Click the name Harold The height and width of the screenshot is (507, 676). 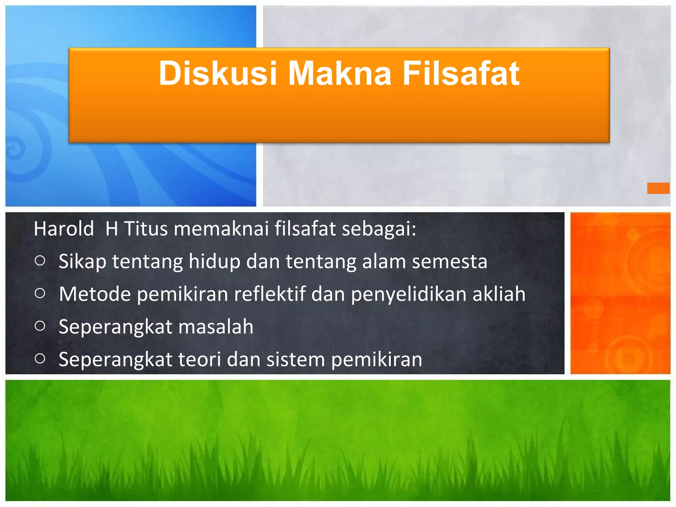pos(64,228)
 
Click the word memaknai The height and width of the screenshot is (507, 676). pos(221,228)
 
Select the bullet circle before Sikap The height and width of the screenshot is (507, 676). pos(40,261)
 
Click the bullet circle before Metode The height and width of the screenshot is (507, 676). pos(40,293)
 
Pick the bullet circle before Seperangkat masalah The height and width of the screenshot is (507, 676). pos(40,326)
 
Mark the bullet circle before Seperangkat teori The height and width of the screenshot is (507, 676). pos(40,358)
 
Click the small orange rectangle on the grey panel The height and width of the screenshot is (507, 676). pos(658,188)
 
